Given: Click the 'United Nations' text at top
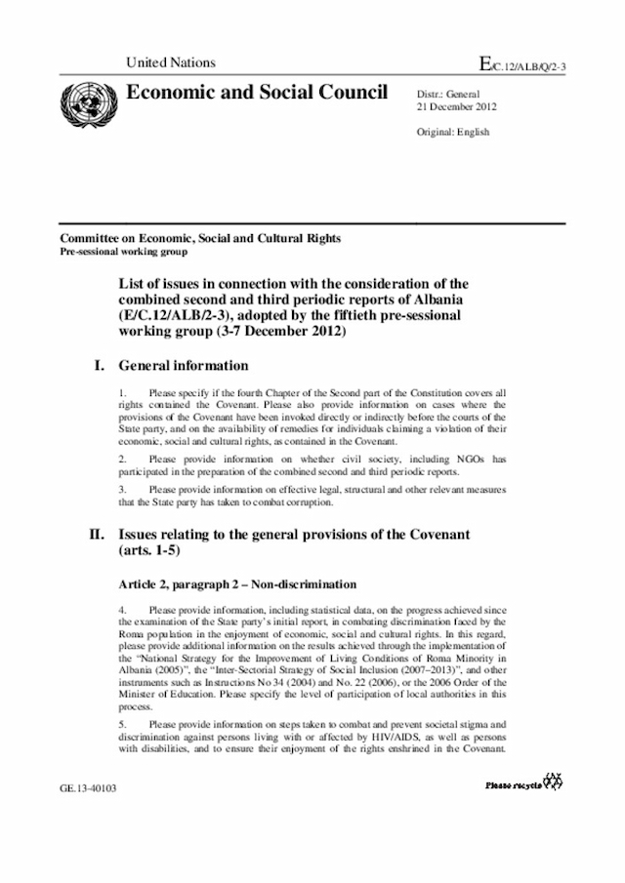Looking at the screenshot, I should pyautogui.click(x=171, y=62).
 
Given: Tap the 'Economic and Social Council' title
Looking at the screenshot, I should pyautogui.click(x=250, y=93).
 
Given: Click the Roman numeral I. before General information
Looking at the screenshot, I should pyautogui.click(x=98, y=366).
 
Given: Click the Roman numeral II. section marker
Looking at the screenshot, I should pyautogui.click(x=97, y=535).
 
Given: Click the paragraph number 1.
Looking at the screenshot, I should pyautogui.click(x=123, y=393).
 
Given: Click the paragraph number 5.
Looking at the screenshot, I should pyautogui.click(x=123, y=725).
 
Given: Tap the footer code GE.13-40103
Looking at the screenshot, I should pyautogui.click(x=88, y=785).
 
